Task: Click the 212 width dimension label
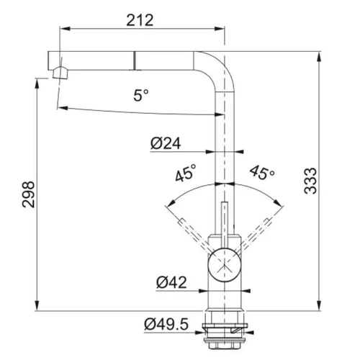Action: pos(140,20)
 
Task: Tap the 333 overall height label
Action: pos(310,181)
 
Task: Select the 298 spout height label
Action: pos(28,194)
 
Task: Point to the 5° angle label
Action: pos(141,95)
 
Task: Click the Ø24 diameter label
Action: pos(166,143)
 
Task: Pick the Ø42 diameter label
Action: pos(171,282)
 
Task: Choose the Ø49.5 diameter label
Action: pos(166,324)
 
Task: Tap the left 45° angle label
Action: pos(186,173)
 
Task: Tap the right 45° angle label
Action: pos(262,172)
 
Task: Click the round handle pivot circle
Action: pos(224,265)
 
